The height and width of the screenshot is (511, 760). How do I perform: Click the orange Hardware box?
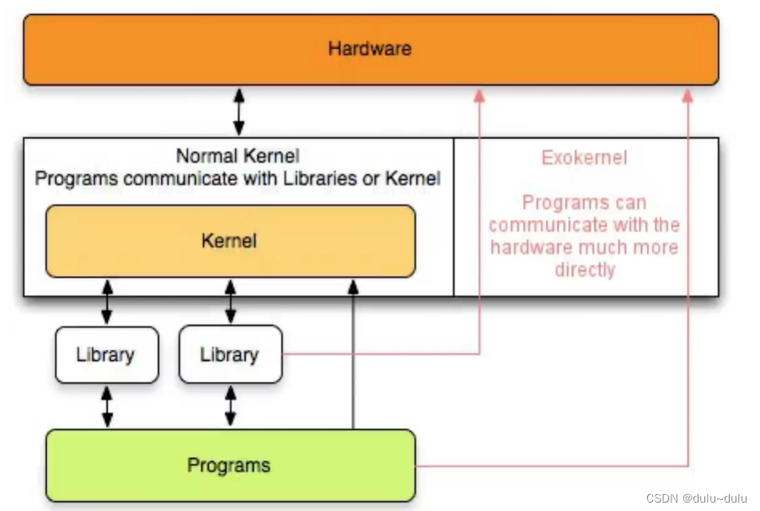click(371, 49)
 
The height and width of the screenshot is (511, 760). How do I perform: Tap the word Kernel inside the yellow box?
click(229, 241)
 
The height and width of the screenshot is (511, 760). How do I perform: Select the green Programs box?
click(229, 465)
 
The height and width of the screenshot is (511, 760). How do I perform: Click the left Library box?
click(105, 354)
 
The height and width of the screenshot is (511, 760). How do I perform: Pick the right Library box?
click(229, 354)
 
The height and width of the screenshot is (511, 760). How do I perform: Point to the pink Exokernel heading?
click(584, 157)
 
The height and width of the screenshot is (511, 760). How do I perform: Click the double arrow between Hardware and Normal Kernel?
click(238, 111)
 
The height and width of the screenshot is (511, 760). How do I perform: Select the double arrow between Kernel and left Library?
click(107, 302)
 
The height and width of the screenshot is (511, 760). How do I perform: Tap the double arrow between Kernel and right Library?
click(230, 302)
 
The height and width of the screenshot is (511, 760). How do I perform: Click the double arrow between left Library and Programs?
click(107, 407)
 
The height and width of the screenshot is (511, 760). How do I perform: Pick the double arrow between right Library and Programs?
click(230, 407)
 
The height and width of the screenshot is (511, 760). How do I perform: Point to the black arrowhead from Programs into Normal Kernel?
click(354, 288)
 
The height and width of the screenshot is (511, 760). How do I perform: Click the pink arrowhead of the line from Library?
click(479, 96)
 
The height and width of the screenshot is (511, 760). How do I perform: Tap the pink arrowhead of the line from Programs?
click(688, 96)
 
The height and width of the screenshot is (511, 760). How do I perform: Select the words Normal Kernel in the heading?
click(238, 156)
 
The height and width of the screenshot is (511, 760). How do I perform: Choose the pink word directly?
click(585, 269)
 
